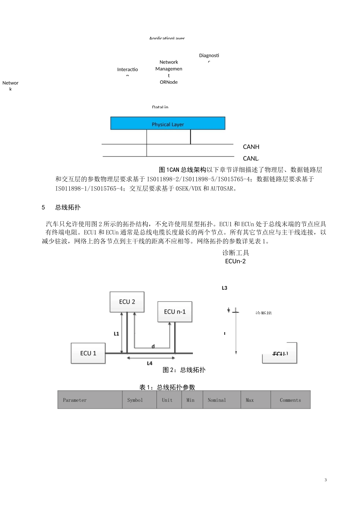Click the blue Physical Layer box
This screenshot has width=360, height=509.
(167, 123)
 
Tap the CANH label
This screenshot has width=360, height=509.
(251, 147)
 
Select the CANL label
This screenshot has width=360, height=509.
(250, 159)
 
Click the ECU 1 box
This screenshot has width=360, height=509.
(88, 353)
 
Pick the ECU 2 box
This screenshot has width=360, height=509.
(127, 302)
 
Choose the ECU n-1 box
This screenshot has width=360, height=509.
(175, 312)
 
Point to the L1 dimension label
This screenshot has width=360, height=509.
(116, 334)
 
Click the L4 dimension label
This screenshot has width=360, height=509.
(150, 363)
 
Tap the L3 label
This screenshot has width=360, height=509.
(224, 288)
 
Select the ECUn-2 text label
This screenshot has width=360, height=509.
(235, 261)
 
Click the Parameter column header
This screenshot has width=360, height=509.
(75, 400)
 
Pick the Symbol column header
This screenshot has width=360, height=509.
(135, 400)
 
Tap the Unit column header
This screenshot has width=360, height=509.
(167, 400)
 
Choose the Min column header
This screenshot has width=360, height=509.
(190, 400)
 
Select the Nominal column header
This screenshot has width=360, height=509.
(217, 400)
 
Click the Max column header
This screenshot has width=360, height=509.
(250, 400)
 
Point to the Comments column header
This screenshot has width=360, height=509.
(290, 400)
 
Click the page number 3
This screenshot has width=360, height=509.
(326, 480)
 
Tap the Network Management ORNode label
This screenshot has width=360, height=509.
(169, 72)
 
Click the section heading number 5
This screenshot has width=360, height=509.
(43, 208)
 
